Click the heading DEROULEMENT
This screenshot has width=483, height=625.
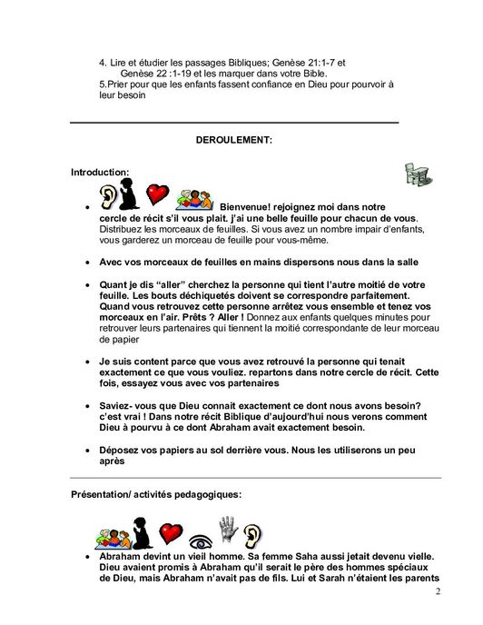[x=233, y=140]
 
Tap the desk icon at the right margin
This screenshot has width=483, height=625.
[x=417, y=174]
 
